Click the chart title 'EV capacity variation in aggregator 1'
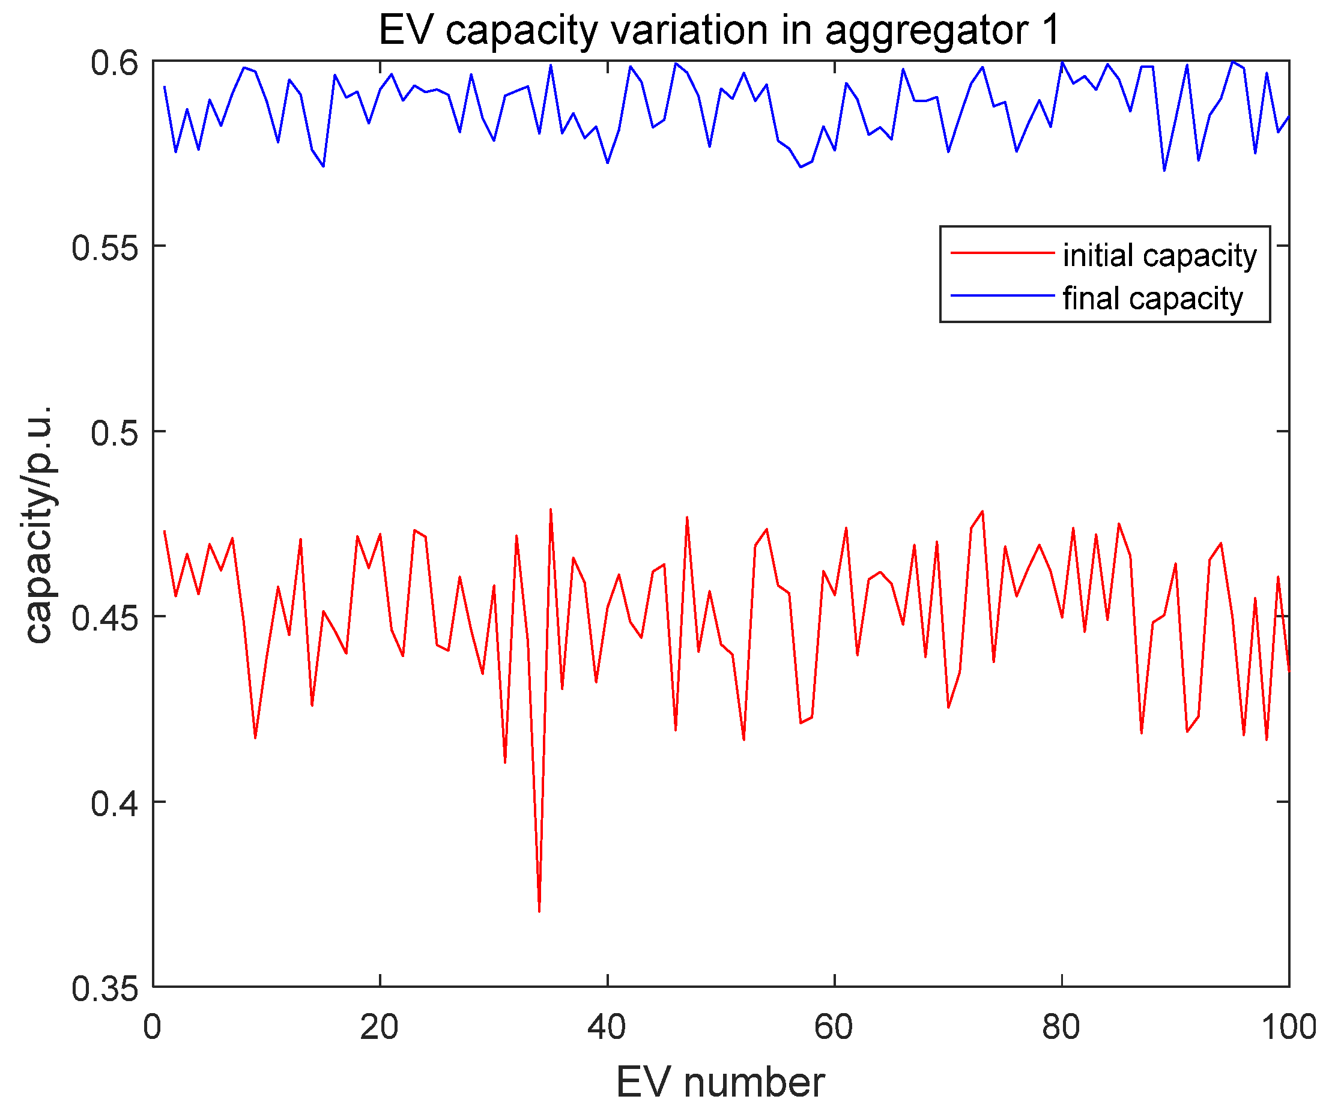pyautogui.click(x=719, y=30)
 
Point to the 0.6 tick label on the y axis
pyautogui.click(x=115, y=63)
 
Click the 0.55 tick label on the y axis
pyautogui.click(x=105, y=248)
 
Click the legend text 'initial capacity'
pyautogui.click(x=1160, y=255)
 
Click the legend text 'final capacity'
pyautogui.click(x=1152, y=298)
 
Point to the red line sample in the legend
pyautogui.click(x=1002, y=253)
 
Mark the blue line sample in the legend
pyautogui.click(x=1002, y=295)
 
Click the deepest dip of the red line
pyautogui.click(x=539, y=911)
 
